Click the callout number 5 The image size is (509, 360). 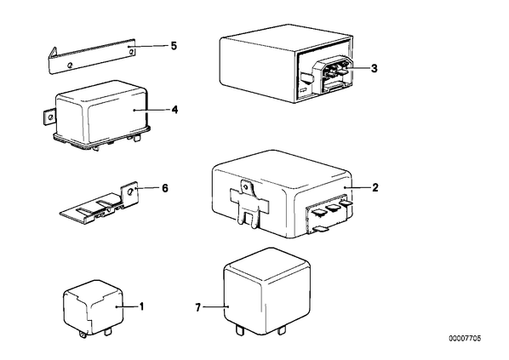(x=174, y=46)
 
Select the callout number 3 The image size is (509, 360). (x=375, y=68)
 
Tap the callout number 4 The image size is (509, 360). (x=174, y=110)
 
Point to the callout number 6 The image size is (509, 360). (x=165, y=188)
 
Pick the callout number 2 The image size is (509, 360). (x=375, y=187)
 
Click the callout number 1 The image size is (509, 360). (x=141, y=306)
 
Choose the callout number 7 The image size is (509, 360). (x=198, y=307)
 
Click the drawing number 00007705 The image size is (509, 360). (x=465, y=339)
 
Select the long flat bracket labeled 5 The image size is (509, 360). (x=92, y=56)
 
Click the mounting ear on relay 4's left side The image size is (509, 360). (x=49, y=117)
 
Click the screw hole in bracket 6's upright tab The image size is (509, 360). (x=131, y=191)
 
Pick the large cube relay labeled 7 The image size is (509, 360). (x=266, y=292)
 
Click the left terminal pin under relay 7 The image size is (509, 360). (x=239, y=330)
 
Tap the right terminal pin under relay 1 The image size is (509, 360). (x=108, y=333)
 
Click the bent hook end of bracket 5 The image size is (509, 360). (x=53, y=54)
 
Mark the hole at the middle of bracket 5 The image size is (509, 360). (x=70, y=65)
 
